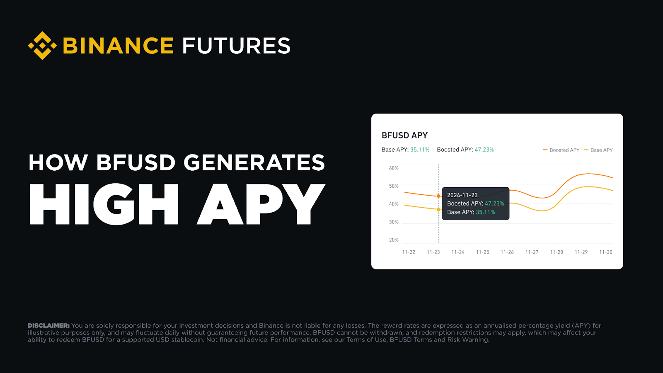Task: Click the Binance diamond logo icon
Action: point(42,46)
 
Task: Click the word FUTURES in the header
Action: point(236,46)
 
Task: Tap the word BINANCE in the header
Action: point(118,46)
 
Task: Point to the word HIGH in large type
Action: point(104,204)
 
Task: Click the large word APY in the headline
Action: point(261,204)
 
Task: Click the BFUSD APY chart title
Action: point(404,136)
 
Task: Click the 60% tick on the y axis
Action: point(394,168)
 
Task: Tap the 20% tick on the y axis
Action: point(394,240)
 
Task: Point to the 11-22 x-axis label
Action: point(409,252)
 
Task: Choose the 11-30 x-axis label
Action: point(606,252)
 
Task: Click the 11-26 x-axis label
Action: point(507,252)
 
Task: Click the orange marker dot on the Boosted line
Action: point(438,196)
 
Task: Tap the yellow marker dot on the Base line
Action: point(438,210)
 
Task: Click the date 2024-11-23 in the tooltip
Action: point(462,195)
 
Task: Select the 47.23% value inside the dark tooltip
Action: point(494,203)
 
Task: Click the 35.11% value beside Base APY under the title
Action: point(420,150)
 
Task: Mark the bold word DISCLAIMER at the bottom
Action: point(48,326)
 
